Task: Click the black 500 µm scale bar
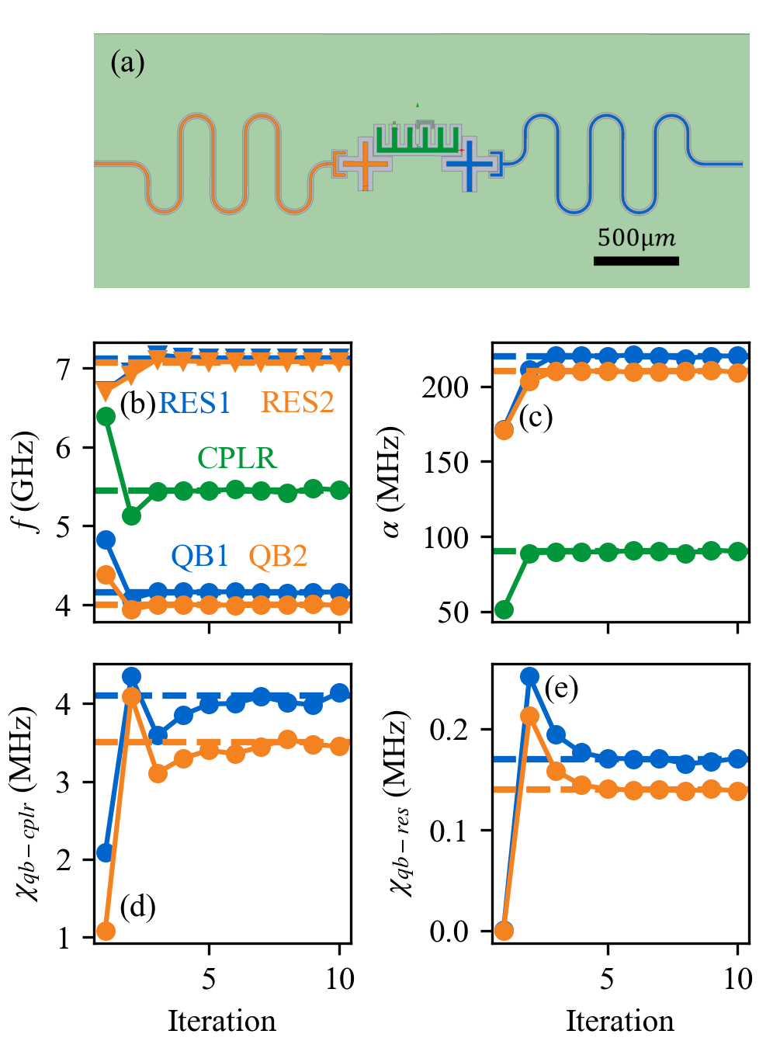click(x=636, y=261)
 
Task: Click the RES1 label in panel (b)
click(x=195, y=403)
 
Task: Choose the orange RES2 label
click(x=297, y=403)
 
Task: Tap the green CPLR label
click(x=237, y=458)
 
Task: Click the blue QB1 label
click(x=200, y=556)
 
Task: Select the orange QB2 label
click(x=278, y=556)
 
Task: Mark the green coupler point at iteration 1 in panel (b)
click(x=106, y=417)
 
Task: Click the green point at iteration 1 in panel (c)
click(x=504, y=609)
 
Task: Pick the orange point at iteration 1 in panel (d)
click(x=106, y=931)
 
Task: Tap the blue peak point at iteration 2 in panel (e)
click(x=530, y=676)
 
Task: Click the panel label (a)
click(x=128, y=63)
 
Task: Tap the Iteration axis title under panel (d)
click(x=222, y=1021)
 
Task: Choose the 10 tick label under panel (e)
click(x=737, y=979)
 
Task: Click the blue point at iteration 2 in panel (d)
click(x=132, y=677)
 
